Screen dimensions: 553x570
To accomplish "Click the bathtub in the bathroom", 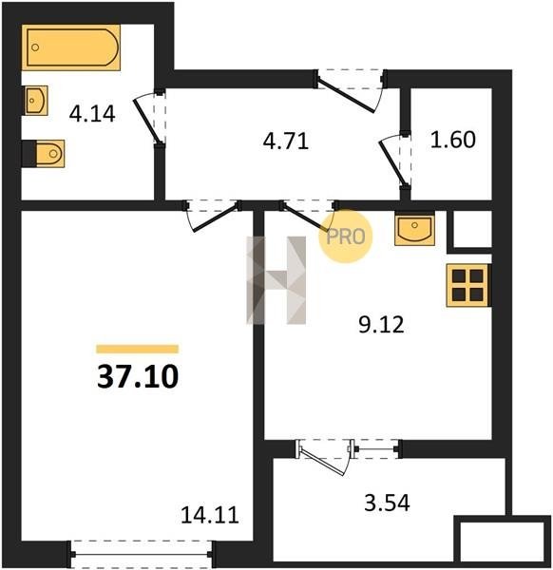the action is (71, 47).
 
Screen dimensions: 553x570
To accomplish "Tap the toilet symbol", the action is (44, 153).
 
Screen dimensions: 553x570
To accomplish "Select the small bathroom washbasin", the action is (35, 101).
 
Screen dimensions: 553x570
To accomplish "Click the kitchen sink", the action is (414, 229).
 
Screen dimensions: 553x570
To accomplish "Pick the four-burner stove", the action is (468, 285).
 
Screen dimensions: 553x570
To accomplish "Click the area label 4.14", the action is (92, 113).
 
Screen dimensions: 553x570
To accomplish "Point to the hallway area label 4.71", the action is (286, 141).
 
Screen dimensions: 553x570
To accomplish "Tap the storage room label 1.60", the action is (452, 140).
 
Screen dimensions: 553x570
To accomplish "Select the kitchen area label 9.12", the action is (381, 325).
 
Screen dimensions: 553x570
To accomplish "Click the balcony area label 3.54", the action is (387, 503).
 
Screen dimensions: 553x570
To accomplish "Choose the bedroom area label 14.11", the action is (210, 515).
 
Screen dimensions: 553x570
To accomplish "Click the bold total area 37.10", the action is (138, 376).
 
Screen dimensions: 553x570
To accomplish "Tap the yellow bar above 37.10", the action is (138, 349).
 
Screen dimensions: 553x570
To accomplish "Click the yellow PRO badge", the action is (346, 237).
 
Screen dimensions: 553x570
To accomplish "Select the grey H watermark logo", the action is (276, 280).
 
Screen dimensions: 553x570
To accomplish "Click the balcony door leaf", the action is (322, 462).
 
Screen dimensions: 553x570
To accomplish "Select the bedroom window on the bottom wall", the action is (142, 555).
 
